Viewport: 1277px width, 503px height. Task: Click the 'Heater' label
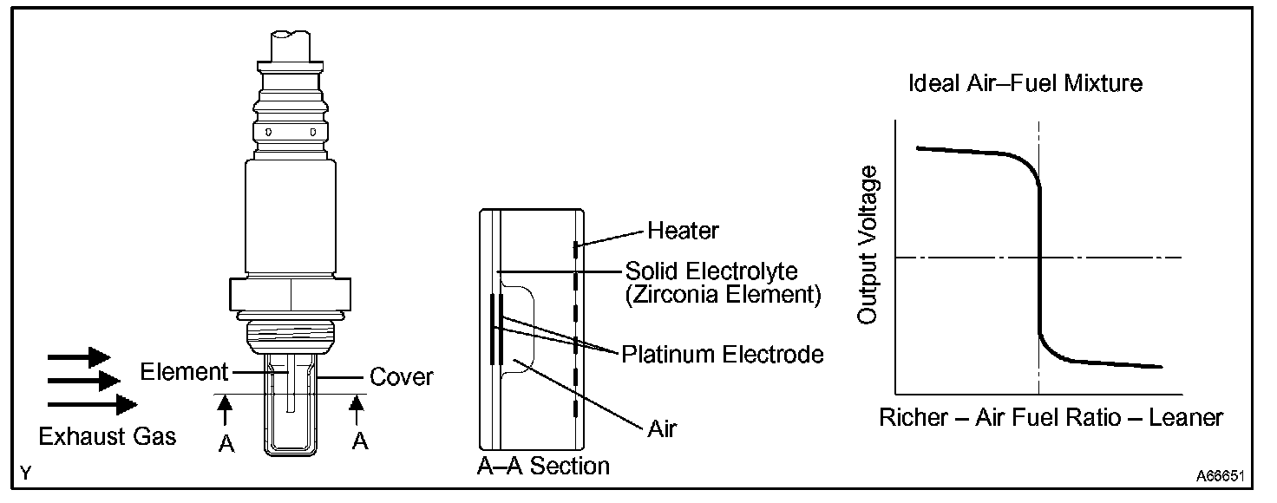pos(683,231)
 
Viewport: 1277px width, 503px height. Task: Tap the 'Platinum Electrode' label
pos(722,354)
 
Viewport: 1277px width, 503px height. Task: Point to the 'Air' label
pos(662,428)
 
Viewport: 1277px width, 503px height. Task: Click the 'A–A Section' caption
pos(544,466)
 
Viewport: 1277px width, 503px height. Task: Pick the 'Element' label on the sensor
pos(183,373)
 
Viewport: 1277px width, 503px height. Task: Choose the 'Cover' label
pos(401,377)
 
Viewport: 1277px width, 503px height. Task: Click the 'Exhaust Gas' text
pos(108,435)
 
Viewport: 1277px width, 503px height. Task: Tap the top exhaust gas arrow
pos(79,356)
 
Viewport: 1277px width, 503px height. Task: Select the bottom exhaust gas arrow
pos(92,404)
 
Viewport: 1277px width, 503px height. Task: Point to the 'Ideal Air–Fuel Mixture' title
pos(1025,84)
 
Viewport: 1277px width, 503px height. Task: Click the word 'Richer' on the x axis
pos(914,417)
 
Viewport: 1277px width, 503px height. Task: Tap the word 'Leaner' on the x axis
pos(1185,417)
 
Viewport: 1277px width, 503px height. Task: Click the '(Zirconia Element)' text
pos(722,295)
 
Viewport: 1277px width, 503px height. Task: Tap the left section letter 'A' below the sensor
pos(226,443)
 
